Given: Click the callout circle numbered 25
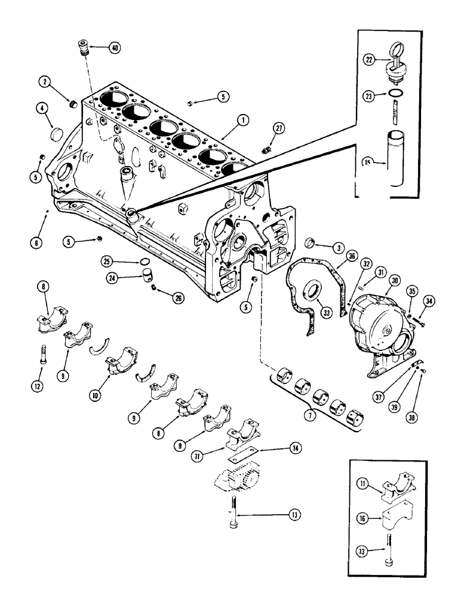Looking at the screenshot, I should (x=107, y=261).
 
